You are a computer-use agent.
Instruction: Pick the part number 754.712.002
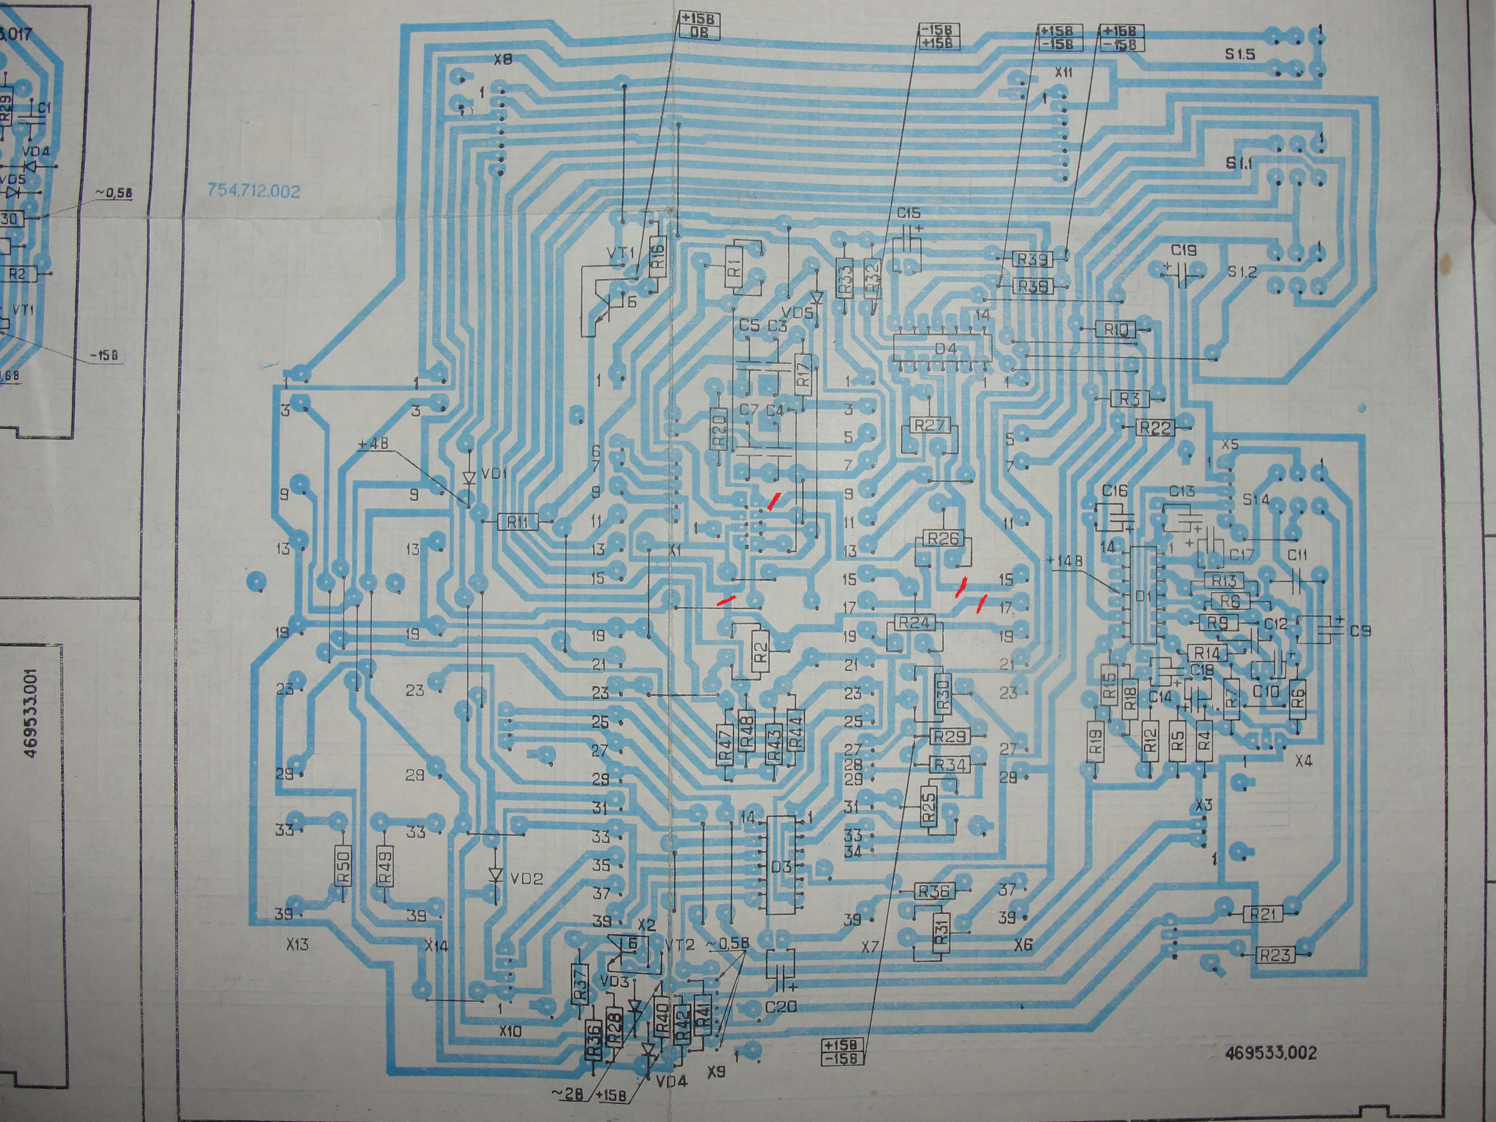pos(253,191)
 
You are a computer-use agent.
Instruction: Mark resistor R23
pos(1274,955)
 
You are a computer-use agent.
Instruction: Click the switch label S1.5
pos(1240,54)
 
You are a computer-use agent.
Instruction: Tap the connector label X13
pos(297,944)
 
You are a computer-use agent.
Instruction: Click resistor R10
pos(1116,329)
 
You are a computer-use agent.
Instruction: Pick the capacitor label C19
pos(1184,250)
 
